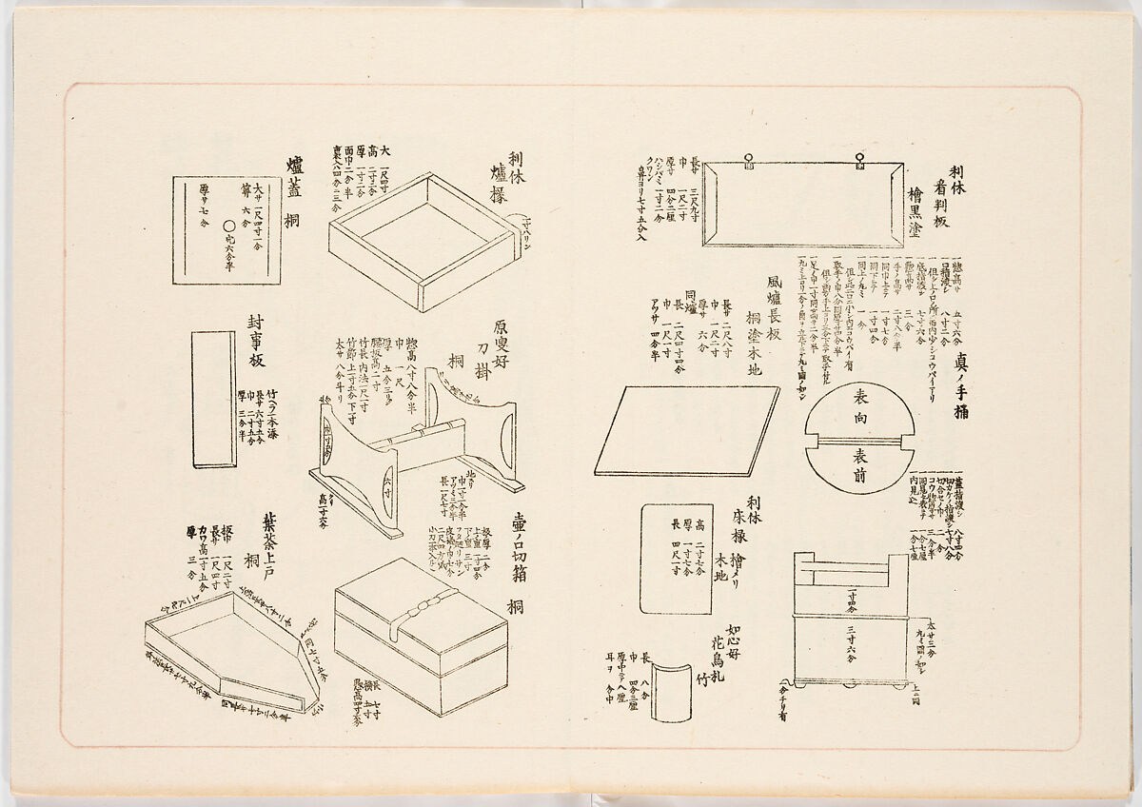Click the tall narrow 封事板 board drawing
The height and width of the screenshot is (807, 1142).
(x=213, y=399)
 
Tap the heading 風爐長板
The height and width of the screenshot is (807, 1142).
(x=772, y=305)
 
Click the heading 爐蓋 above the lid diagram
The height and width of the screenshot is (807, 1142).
(x=295, y=177)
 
